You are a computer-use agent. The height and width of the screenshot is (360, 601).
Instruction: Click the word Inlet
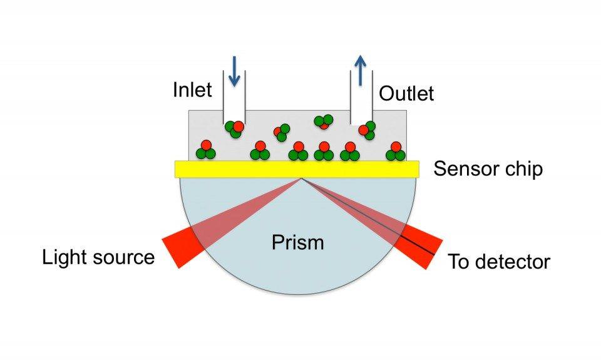pyautogui.click(x=192, y=90)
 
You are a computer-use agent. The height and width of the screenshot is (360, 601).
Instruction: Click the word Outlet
pyautogui.click(x=406, y=93)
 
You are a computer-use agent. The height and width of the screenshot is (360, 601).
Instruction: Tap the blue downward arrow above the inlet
pyautogui.click(x=234, y=71)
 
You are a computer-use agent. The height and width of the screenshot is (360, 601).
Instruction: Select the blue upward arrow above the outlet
pyautogui.click(x=360, y=70)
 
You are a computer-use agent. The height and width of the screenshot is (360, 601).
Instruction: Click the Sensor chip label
pyautogui.click(x=488, y=168)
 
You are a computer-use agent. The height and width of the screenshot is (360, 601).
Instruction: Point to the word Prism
pyautogui.click(x=298, y=242)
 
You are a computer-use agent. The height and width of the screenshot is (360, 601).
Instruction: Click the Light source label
pyautogui.click(x=98, y=257)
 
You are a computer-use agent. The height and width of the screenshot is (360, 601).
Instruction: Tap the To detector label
pyautogui.click(x=499, y=262)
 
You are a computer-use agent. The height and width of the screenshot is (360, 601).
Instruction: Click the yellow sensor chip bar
pyautogui.click(x=297, y=169)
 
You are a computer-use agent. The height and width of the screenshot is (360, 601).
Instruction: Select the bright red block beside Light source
pyautogui.click(x=183, y=247)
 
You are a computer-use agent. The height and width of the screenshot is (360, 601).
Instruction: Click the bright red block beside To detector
pyautogui.click(x=418, y=247)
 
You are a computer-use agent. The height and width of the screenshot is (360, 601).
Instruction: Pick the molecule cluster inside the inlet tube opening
pyautogui.click(x=234, y=129)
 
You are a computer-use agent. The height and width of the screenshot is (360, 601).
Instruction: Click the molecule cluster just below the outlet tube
pyautogui.click(x=367, y=130)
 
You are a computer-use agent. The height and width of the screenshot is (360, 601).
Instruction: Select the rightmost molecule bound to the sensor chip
pyautogui.click(x=396, y=151)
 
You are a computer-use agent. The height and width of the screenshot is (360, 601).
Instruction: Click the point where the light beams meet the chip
pyautogui.click(x=302, y=178)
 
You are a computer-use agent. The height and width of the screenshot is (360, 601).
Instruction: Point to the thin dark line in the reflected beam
pyautogui.click(x=368, y=217)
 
